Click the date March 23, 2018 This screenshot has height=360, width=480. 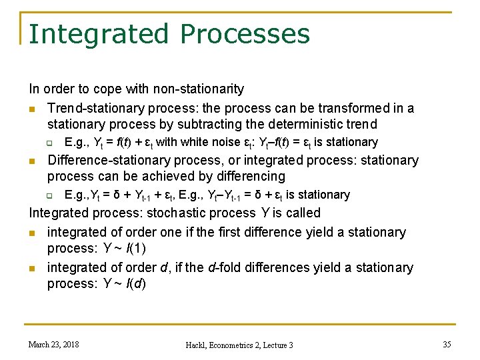(x=53, y=344)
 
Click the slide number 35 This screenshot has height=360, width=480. (x=447, y=344)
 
